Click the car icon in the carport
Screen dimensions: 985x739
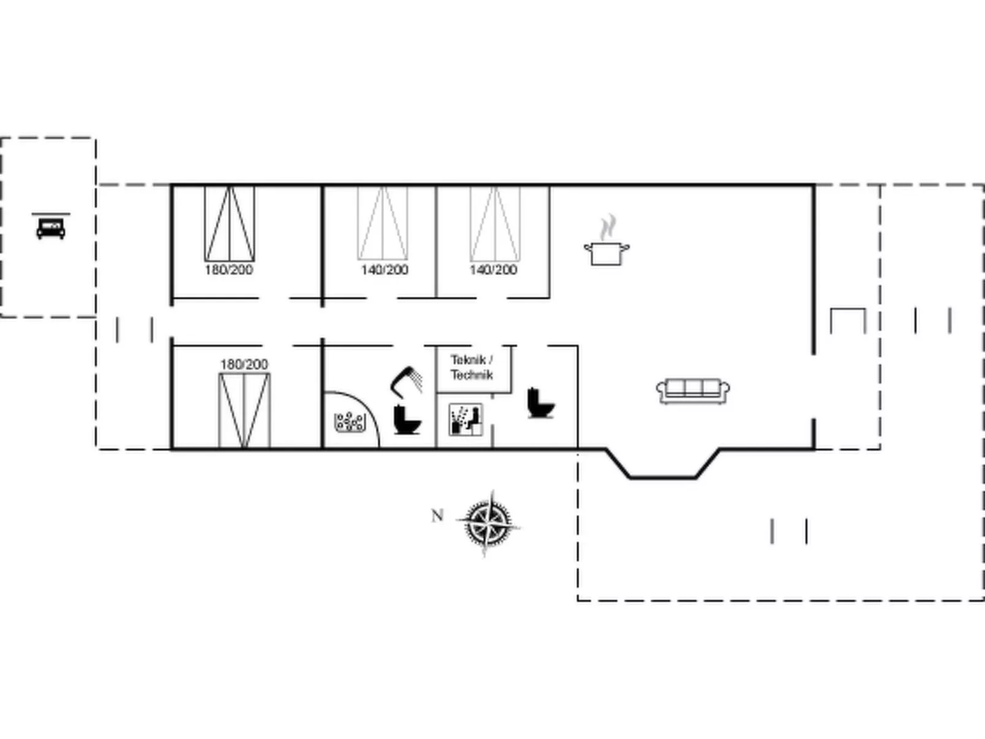click(51, 228)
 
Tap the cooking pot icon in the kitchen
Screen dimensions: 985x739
click(606, 253)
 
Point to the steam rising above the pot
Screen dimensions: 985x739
click(608, 228)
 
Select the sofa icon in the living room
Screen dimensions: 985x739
click(692, 391)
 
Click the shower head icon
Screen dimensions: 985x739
click(407, 382)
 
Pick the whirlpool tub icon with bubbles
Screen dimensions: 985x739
click(350, 422)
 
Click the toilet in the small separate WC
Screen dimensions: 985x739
click(541, 402)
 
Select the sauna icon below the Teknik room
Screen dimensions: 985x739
click(466, 419)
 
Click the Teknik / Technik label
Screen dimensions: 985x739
click(472, 367)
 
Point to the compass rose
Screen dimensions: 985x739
click(488, 523)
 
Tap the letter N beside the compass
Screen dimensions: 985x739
click(437, 516)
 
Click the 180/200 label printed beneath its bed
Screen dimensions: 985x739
click(229, 270)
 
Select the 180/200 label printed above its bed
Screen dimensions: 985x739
click(244, 364)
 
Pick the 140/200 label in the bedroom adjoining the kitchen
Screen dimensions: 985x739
click(493, 270)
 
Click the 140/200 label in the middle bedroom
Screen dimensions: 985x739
click(385, 270)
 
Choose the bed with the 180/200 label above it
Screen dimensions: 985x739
click(245, 410)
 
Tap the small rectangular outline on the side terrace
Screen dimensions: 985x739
click(848, 308)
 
